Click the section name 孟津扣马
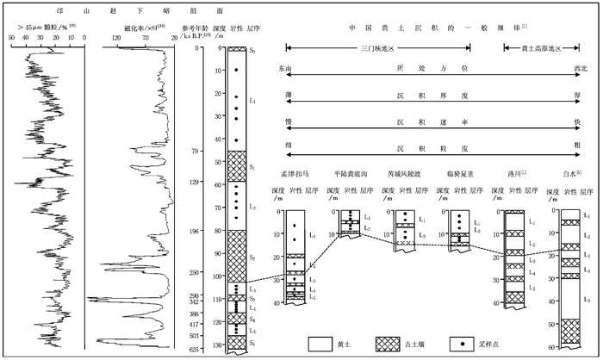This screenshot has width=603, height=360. pyautogui.click(x=289, y=174)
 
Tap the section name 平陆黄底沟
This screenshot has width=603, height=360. pyautogui.click(x=351, y=174)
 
